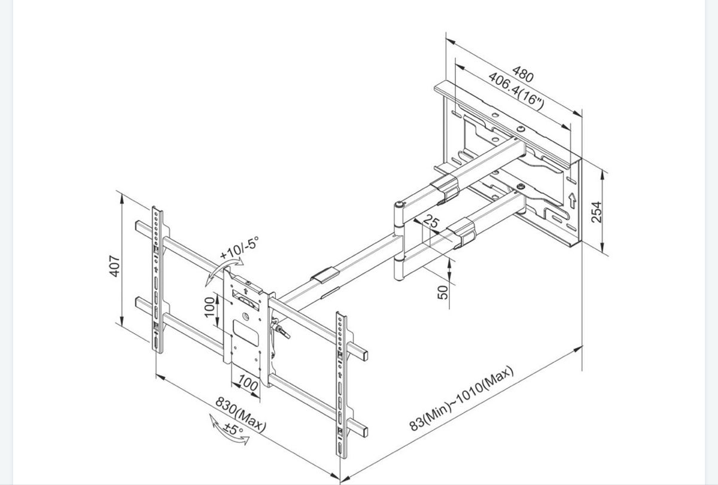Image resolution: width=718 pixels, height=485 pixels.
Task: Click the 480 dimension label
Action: [x=523, y=74]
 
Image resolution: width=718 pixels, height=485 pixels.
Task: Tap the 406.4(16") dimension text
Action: [x=516, y=91]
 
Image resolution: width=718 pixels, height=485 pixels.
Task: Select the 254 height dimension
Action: [x=597, y=212]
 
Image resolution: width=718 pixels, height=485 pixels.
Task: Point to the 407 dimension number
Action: [x=114, y=266]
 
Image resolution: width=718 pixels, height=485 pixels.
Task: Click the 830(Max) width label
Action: [x=241, y=414]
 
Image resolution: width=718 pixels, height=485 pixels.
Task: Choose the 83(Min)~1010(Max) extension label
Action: [x=461, y=398]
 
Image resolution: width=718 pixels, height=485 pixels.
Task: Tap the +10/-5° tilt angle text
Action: [x=239, y=248]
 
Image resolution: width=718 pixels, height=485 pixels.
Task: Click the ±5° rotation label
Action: [x=233, y=429]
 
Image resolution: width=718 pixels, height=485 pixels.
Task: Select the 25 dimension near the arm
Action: [x=431, y=221]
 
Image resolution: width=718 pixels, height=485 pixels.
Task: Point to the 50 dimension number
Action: [x=443, y=292]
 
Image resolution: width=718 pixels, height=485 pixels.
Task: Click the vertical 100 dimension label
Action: [x=209, y=307]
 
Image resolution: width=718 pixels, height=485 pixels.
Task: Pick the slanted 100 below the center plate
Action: [x=248, y=383]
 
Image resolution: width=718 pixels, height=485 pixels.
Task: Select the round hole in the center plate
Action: [x=245, y=316]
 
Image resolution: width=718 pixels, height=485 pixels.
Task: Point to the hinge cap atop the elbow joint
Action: [x=399, y=204]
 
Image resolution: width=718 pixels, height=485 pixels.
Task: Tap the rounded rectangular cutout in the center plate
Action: [x=245, y=333]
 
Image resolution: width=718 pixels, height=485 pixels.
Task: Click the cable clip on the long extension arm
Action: [x=325, y=275]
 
